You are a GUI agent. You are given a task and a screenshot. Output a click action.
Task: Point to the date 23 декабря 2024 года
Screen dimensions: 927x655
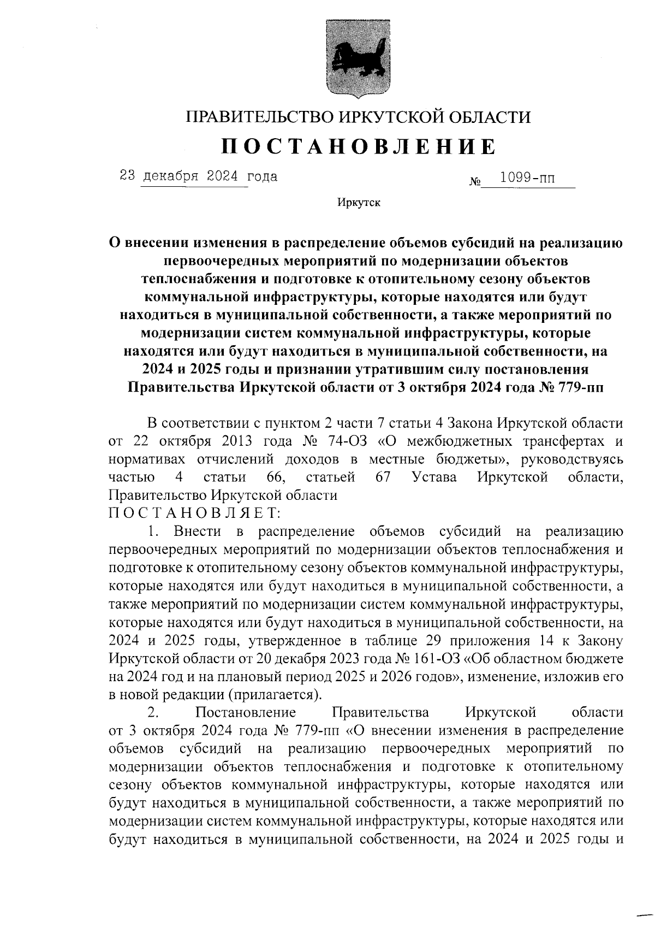(199, 176)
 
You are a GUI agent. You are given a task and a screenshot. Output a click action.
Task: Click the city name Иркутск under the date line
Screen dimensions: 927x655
(359, 203)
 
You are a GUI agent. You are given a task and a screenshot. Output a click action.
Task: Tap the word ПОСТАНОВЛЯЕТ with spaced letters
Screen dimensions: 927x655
(195, 513)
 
